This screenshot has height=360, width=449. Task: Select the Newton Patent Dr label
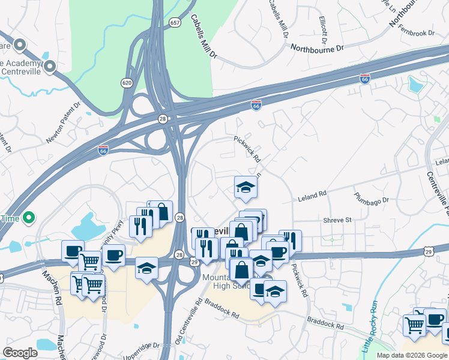pos(63,124)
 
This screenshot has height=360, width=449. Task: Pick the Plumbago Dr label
pos(371,197)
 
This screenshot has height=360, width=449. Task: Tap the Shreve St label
pos(337,220)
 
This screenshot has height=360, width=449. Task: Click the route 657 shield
pos(175,23)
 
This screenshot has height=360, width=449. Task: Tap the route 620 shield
pos(127,82)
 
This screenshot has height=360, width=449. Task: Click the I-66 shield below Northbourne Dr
pos(364,79)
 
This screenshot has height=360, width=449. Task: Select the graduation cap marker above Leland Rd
pos(245,188)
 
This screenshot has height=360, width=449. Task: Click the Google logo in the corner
pos(20,353)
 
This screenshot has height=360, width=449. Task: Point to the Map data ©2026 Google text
pos(411,355)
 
